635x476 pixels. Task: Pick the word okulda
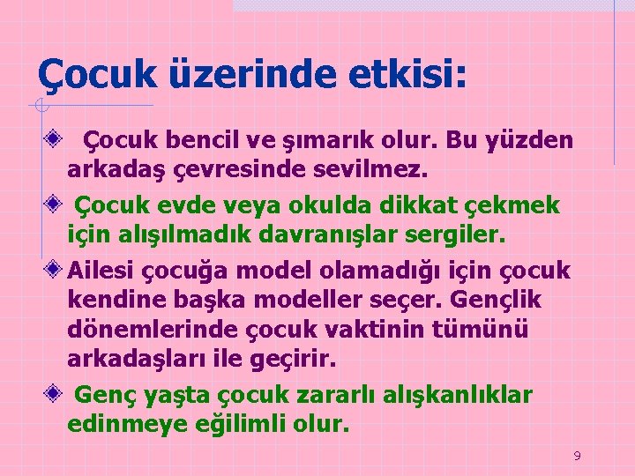click(x=328, y=205)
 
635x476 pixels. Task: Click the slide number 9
click(x=577, y=456)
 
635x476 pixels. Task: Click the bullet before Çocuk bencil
click(x=55, y=139)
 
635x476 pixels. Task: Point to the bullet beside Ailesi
click(x=55, y=269)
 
